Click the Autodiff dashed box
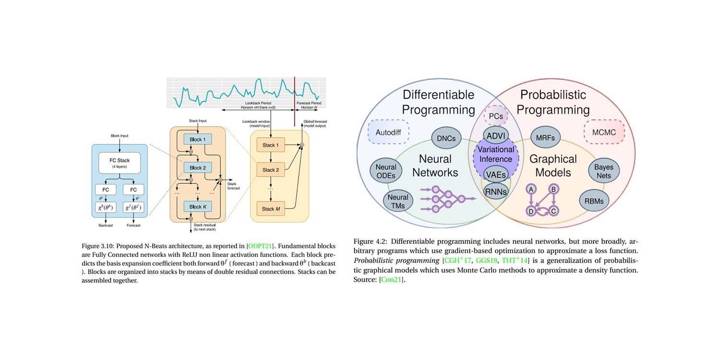point(388,132)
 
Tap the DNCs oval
point(446,138)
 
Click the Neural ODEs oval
point(385,171)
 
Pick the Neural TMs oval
point(398,201)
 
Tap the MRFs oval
point(545,138)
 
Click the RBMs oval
point(594,201)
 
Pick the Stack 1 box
point(268,145)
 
